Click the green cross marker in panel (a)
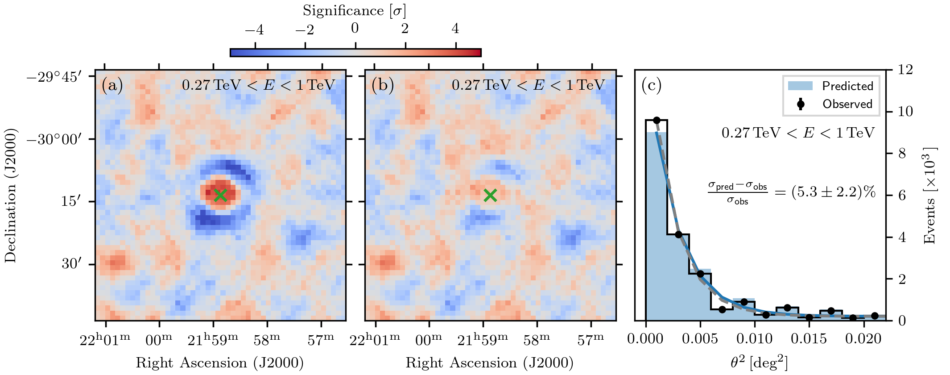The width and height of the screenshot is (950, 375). pos(220,195)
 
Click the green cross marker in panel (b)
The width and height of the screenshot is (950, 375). pos(490,195)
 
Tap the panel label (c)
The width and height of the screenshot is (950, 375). pos(651,85)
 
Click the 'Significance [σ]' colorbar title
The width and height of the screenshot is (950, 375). pos(355,11)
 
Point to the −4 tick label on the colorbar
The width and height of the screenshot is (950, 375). pos(254,29)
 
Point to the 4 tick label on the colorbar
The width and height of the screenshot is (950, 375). pos(455,29)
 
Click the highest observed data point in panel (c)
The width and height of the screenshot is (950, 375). pos(657,120)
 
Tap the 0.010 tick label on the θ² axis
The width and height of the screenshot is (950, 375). pos(754,339)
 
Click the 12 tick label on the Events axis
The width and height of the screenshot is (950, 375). pos(905,70)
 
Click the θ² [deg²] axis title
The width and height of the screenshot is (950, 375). pos(759,362)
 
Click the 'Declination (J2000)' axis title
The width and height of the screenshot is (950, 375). pos(11,195)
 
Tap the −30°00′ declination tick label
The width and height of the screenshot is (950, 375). pos(61,139)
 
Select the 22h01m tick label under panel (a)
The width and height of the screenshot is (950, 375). pos(105,340)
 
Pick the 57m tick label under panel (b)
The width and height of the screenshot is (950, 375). pos(591,340)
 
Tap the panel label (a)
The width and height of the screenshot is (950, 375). pos(112,85)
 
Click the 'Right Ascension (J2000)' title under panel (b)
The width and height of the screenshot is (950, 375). pos(490,362)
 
